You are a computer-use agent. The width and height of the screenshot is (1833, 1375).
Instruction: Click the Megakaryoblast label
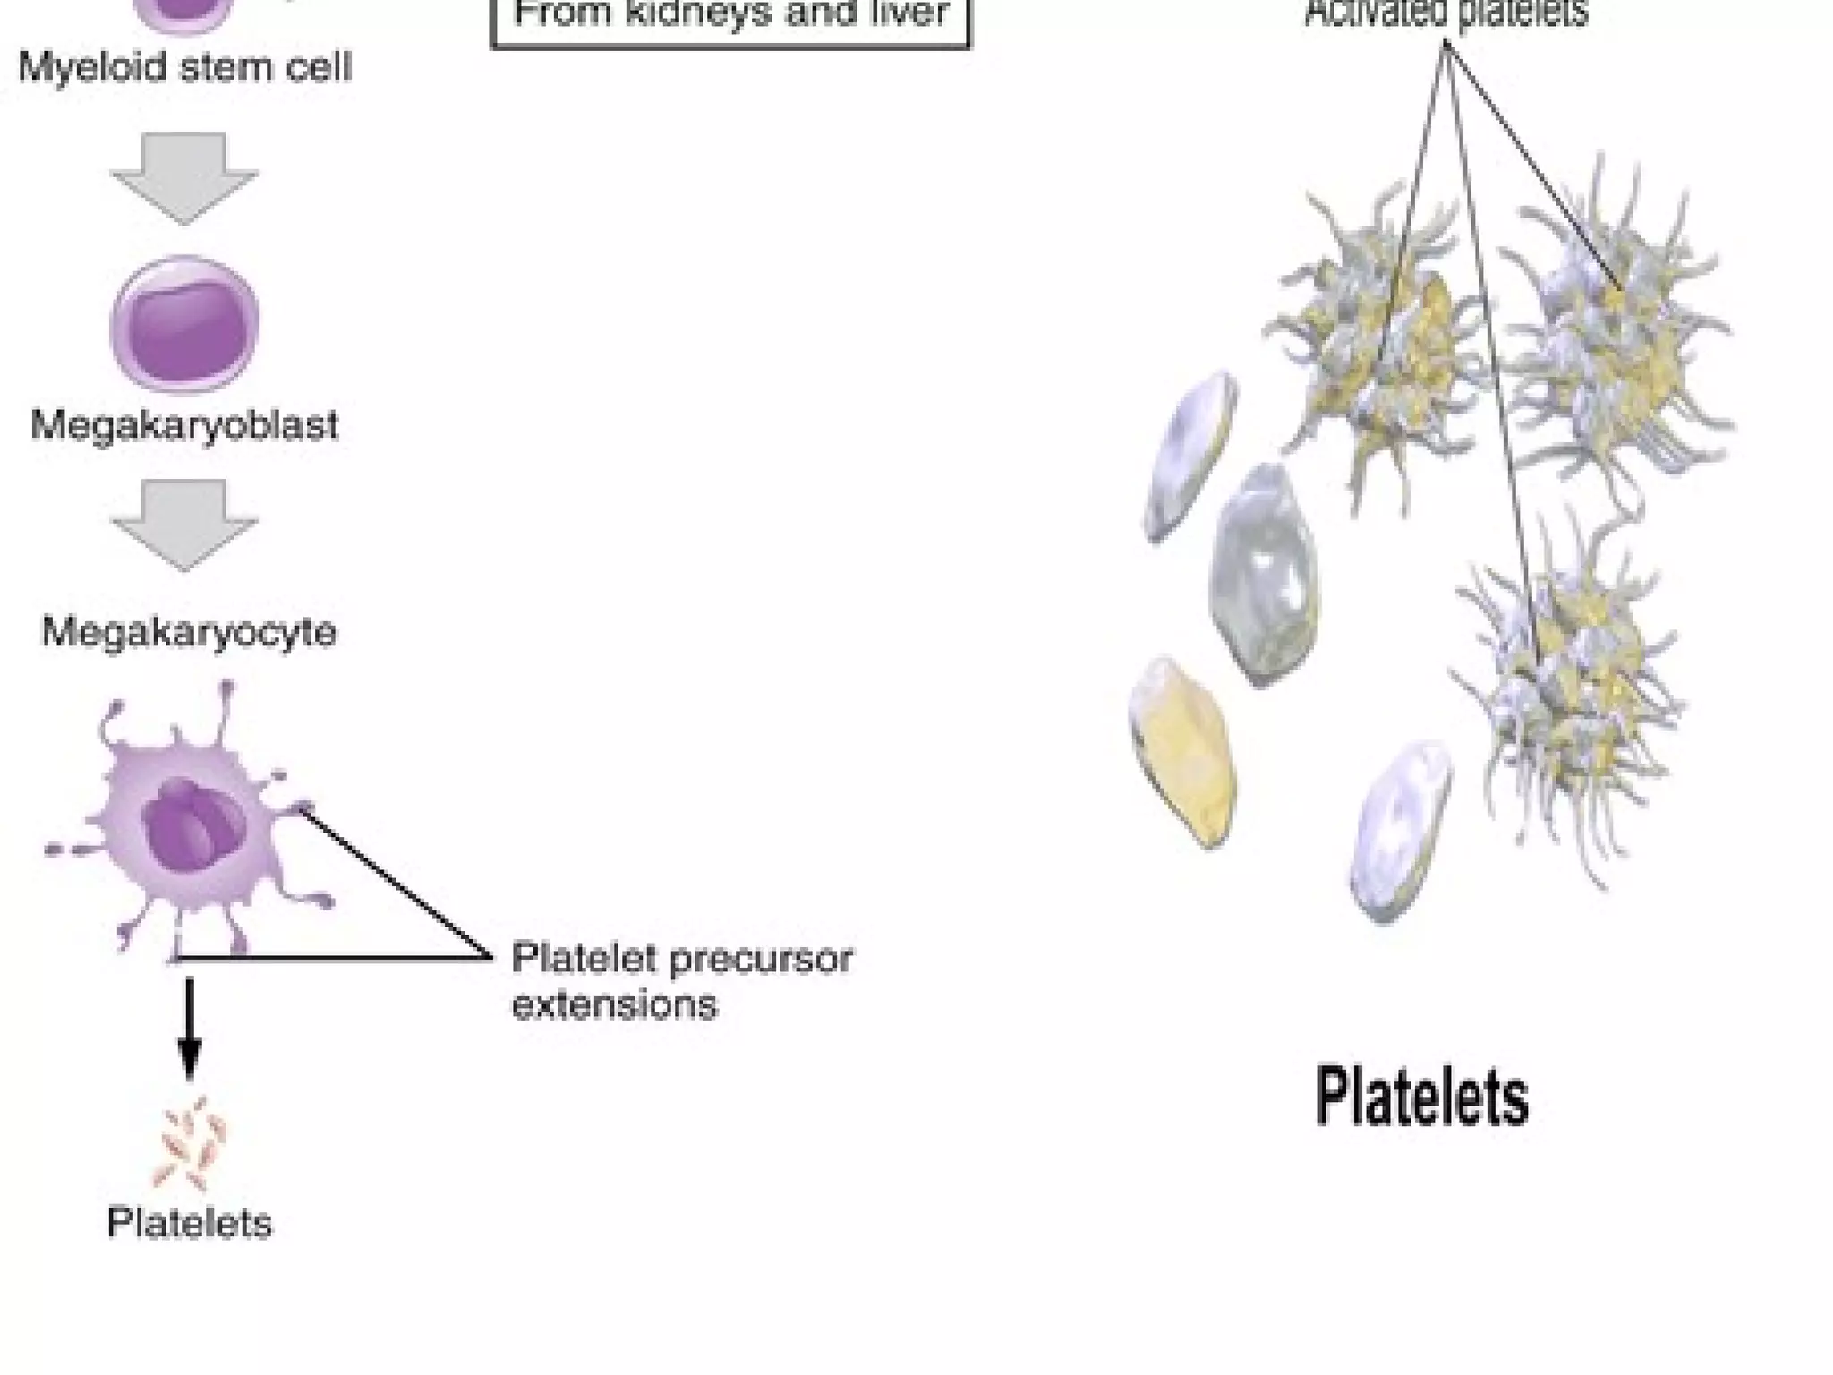(184, 425)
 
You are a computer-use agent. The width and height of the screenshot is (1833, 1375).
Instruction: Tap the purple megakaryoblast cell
(184, 324)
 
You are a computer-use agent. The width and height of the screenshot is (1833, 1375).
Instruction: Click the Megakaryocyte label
(189, 632)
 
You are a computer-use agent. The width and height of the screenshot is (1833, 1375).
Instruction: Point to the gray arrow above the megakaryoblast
(184, 177)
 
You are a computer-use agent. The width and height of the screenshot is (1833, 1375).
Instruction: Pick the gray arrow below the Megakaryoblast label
(184, 524)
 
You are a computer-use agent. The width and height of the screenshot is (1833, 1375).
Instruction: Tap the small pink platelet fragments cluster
(192, 1144)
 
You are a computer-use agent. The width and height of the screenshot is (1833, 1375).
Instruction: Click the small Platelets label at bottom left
(189, 1223)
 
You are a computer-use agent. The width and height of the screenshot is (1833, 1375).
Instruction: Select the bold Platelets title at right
(1421, 1097)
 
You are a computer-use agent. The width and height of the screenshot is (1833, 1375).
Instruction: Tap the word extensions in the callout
(614, 1004)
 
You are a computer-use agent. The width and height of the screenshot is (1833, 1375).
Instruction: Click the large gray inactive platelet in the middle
(1264, 575)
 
